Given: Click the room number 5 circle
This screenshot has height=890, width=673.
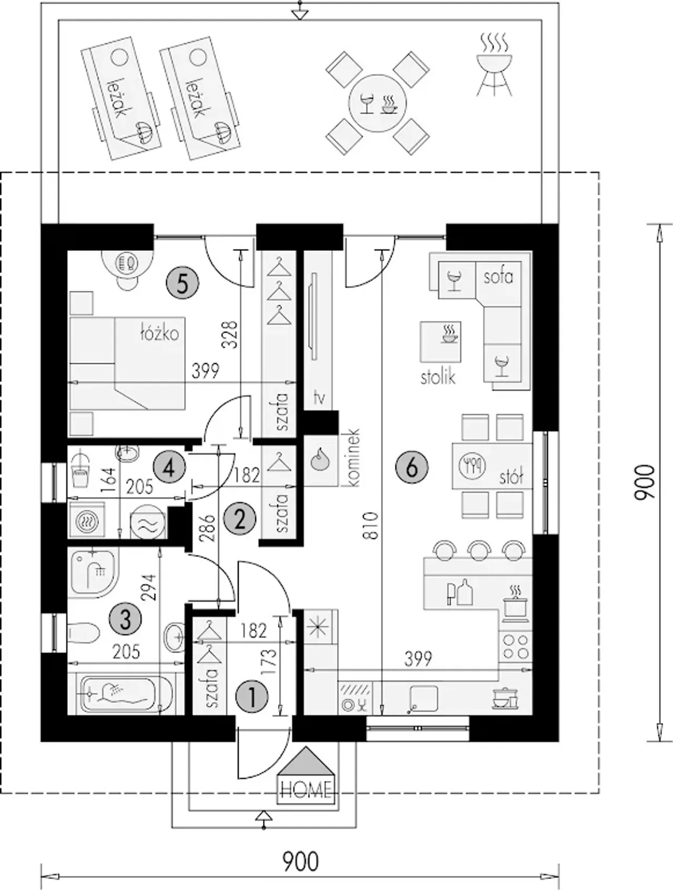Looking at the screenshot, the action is (x=182, y=284).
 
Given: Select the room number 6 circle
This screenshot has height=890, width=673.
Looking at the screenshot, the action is (x=412, y=467).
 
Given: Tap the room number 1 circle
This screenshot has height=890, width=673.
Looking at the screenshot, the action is (x=253, y=697).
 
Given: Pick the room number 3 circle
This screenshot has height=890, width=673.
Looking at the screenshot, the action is (x=125, y=619).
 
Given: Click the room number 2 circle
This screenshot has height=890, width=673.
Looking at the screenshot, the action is (x=240, y=520).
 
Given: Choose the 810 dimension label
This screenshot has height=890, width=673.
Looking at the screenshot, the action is (x=372, y=525).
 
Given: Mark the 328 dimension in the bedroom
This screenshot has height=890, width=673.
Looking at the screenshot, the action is (x=230, y=335).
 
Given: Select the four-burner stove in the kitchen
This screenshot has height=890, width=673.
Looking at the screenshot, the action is (x=515, y=646).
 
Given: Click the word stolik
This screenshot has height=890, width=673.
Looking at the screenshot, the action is (x=438, y=377).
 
